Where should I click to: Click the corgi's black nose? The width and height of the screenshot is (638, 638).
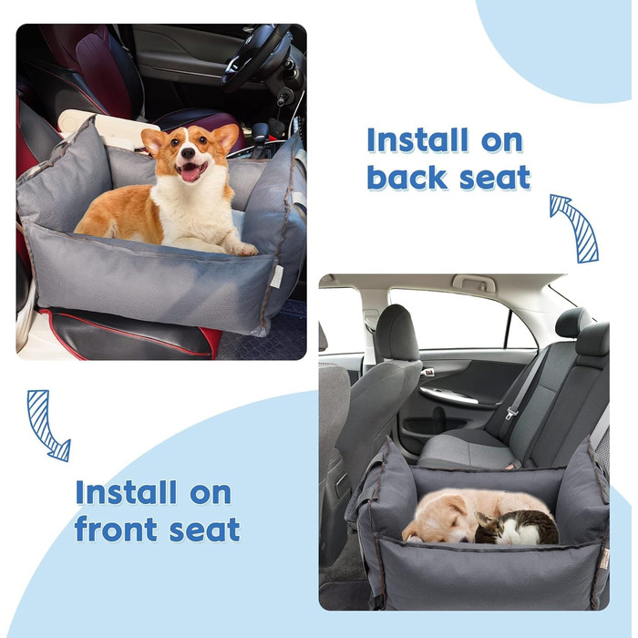click(188, 152)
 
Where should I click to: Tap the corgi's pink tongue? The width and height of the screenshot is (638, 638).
click(190, 173)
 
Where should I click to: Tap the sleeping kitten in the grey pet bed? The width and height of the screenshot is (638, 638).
click(516, 528)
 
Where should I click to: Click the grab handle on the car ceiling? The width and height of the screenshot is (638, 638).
click(474, 283)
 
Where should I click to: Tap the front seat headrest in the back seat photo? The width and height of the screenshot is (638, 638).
click(396, 333)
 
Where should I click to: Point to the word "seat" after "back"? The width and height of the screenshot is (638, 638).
click(494, 179)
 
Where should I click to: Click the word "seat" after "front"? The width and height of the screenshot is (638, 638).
click(204, 530)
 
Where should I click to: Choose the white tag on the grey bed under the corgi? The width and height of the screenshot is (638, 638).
click(276, 277)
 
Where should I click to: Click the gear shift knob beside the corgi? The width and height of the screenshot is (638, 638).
click(259, 132)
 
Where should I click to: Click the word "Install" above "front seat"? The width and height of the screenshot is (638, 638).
click(126, 492)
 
